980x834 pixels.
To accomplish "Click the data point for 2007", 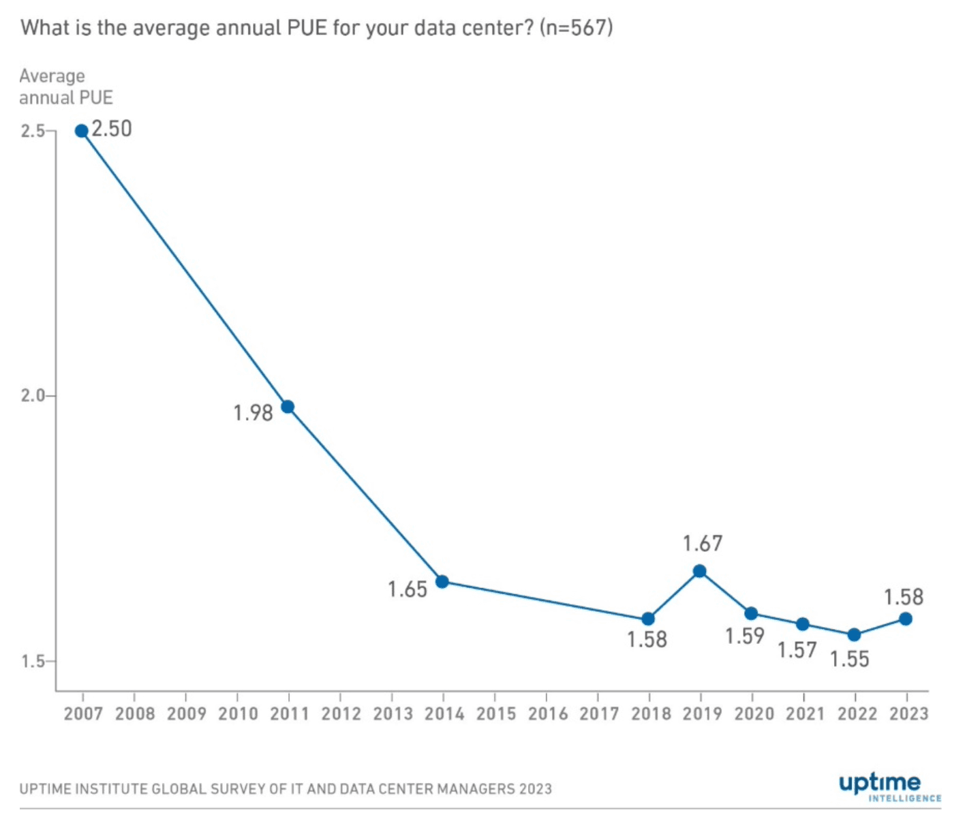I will tap(82, 131).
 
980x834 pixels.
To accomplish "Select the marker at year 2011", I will tap(288, 407).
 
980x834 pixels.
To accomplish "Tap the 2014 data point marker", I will tap(442, 582).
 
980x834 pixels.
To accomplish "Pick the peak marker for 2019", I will tap(700, 571).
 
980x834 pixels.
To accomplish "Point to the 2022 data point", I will tap(855, 635).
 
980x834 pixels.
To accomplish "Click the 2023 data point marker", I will tap(906, 619).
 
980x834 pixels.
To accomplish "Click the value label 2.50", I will tap(112, 129).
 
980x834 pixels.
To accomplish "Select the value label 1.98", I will tap(253, 413).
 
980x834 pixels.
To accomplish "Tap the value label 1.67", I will tap(703, 544).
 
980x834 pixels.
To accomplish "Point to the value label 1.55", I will tap(850, 660).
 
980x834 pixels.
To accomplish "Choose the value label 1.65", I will tap(408, 589).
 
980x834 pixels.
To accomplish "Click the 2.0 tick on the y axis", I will tap(33, 396).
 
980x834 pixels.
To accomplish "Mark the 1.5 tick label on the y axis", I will tap(33, 662).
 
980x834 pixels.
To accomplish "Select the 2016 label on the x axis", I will tap(548, 714).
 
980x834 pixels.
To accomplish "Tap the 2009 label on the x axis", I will tap(186, 714).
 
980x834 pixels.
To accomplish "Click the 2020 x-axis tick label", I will tap(754, 714).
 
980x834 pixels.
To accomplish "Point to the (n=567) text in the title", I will tap(576, 28).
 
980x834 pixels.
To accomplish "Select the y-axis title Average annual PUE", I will tap(65, 87).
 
